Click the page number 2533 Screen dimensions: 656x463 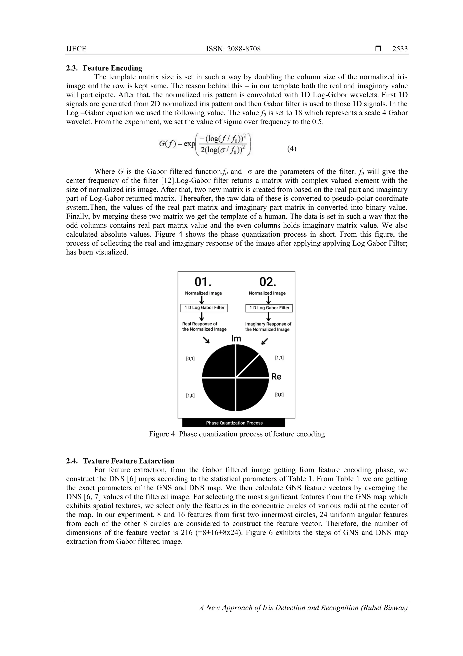pos(400,49)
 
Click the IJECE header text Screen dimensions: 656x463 pos(76,49)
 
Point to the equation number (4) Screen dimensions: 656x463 pos(292,149)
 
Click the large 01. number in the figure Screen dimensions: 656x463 pos(203,282)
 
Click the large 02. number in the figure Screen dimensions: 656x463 pos(268,282)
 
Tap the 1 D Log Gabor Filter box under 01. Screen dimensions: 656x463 pos(204,308)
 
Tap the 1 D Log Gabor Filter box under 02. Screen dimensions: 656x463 pos(269,308)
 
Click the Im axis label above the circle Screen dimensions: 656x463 pos(236,339)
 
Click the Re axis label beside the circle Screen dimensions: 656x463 pos(276,377)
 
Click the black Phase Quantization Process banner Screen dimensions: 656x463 pos(234,423)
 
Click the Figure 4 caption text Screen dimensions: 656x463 pos(237,434)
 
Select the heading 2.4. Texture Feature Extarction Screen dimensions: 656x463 pos(120,461)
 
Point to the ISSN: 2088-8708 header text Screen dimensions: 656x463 pos(233,49)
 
